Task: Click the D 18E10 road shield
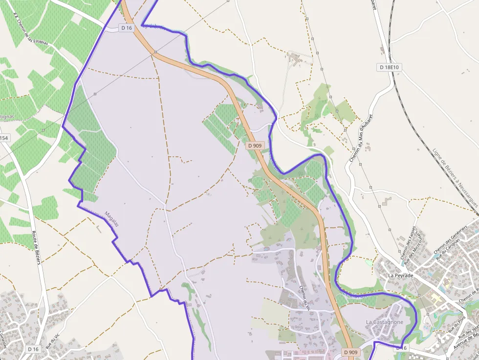[389, 67]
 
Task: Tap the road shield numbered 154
[4, 138]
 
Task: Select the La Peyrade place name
[400, 275]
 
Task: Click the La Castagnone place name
[385, 322]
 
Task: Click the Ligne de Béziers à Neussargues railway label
[455, 176]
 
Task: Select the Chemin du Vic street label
[305, 297]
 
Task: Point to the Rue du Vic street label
[52, 340]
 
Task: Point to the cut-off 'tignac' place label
[7, 116]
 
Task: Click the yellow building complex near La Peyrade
[435, 297]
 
